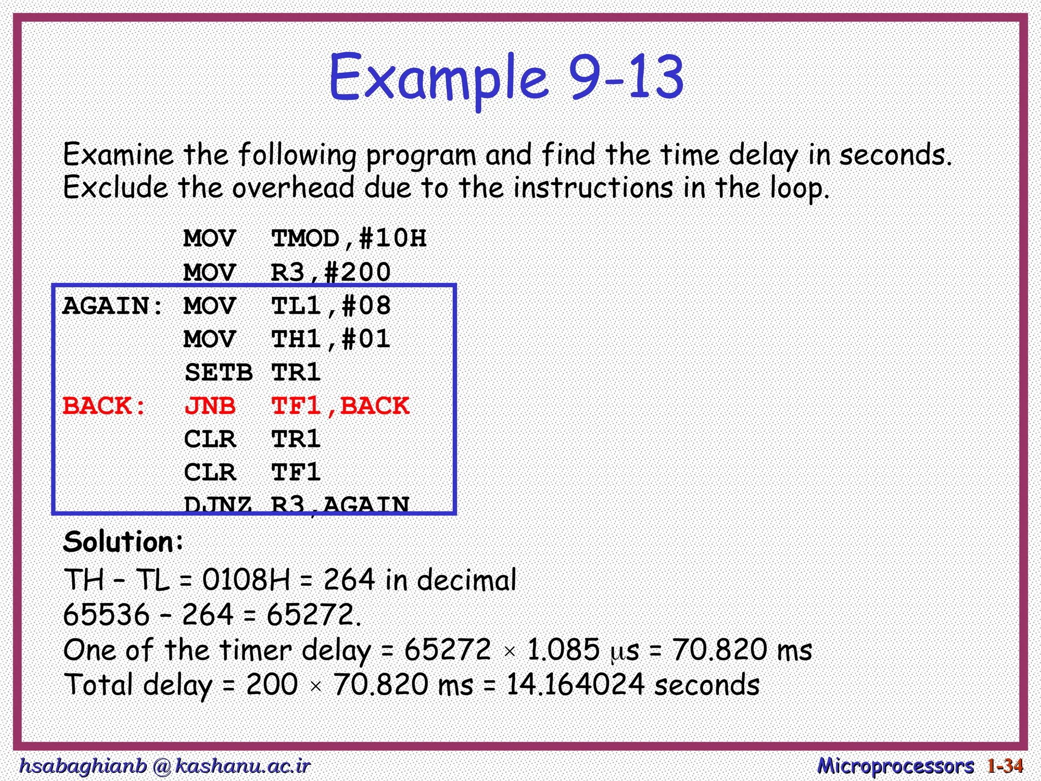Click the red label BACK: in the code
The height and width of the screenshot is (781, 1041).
[104, 406]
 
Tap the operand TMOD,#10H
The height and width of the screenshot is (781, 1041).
[349, 238]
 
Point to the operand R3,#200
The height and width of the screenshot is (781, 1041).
[330, 273]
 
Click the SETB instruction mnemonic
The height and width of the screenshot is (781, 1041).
[219, 373]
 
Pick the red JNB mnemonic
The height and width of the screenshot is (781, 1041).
[209, 406]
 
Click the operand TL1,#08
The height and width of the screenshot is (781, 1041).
[330, 306]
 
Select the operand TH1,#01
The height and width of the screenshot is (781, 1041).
[330, 340]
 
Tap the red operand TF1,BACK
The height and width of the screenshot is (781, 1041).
[340, 406]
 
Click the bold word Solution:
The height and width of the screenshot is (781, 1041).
[123, 542]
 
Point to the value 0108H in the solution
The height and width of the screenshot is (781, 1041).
[246, 580]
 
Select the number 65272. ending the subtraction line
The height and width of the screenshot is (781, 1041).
[314, 615]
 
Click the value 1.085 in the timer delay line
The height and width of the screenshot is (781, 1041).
[563, 650]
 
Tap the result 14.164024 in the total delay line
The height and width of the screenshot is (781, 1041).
[575, 685]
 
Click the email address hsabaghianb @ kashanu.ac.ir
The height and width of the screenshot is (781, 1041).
[164, 766]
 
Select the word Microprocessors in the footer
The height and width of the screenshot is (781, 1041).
[895, 766]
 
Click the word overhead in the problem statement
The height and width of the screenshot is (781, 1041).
[293, 188]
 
